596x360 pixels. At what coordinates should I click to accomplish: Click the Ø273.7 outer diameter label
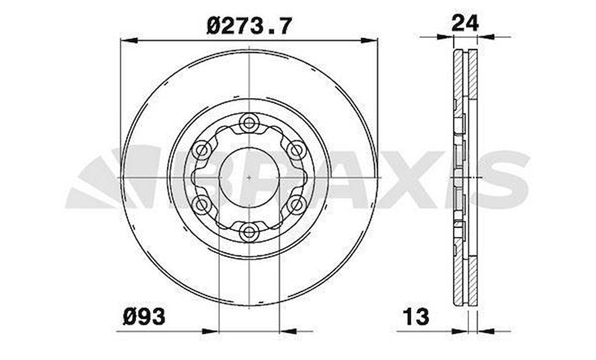[x=249, y=26]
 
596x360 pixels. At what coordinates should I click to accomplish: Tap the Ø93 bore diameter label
[x=143, y=317]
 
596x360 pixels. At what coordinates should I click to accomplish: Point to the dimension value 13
[x=416, y=317]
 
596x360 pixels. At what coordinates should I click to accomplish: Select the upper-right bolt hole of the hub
[x=295, y=149]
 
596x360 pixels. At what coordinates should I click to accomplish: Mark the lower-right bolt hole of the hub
[x=295, y=204]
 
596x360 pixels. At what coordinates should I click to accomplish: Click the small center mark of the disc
[x=249, y=177]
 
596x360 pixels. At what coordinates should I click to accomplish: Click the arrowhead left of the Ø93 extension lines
[x=211, y=331]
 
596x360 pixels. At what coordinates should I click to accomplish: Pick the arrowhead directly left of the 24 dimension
[x=445, y=37]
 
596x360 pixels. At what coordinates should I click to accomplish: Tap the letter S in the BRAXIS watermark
[x=503, y=179]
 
